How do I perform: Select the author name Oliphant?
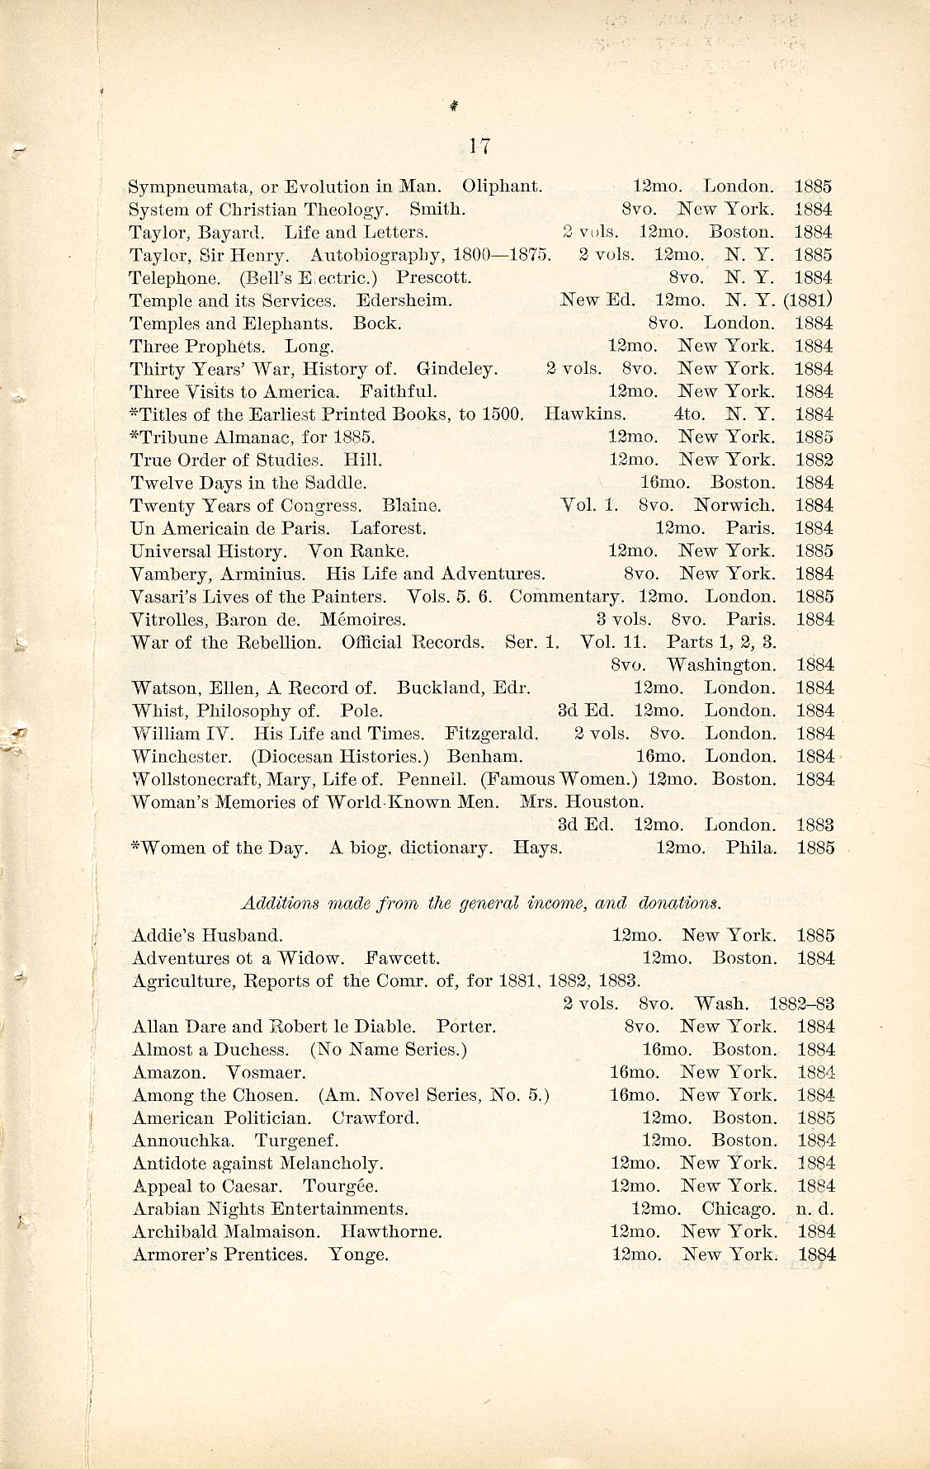click(x=502, y=187)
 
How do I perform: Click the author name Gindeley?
click(x=456, y=369)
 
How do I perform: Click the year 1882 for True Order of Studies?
click(x=814, y=460)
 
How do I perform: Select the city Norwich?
click(x=734, y=505)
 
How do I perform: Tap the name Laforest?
click(x=388, y=528)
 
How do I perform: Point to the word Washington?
click(x=721, y=665)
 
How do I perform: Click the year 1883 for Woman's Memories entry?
click(x=814, y=824)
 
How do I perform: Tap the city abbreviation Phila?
click(x=751, y=848)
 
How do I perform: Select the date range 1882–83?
click(x=801, y=1004)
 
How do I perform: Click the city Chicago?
click(x=738, y=1209)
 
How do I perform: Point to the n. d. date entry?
click(x=814, y=1209)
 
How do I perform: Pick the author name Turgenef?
click(x=296, y=1141)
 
